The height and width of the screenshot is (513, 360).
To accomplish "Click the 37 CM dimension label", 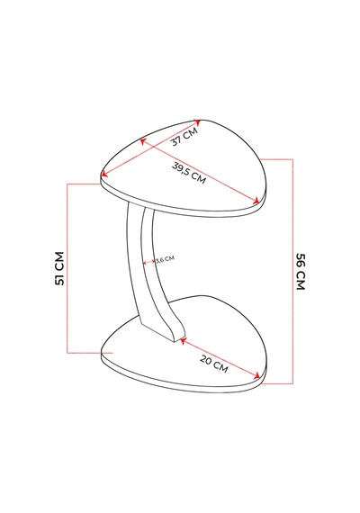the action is pos(184,136).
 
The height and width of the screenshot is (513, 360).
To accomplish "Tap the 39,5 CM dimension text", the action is pos(189,173).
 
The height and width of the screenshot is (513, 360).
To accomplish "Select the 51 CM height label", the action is pos(59,268).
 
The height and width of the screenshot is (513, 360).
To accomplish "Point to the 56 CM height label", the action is pos(301,272).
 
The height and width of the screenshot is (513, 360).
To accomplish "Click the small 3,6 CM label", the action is pos(165,259).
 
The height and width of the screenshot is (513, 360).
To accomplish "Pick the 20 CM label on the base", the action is pos(213,364).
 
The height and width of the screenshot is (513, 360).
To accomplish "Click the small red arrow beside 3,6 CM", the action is pos(148,262).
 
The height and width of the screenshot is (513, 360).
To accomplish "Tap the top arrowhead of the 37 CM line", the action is pos(197,121).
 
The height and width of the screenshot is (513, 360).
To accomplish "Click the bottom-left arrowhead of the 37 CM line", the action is pos(104,174).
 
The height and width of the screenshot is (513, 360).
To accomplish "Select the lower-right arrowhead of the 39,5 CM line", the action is pos(256,201).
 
